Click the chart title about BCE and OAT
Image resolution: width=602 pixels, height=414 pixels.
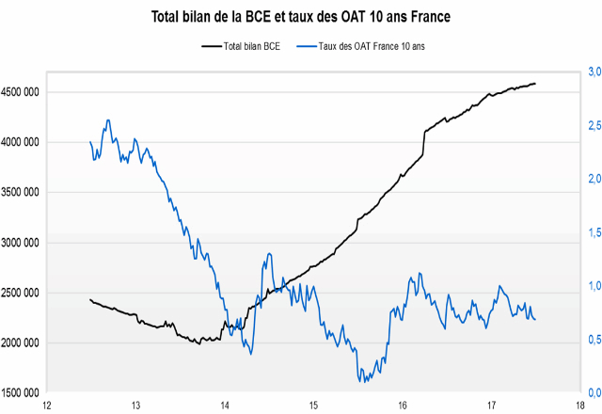click(300, 16)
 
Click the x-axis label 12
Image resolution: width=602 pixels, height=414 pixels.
click(47, 406)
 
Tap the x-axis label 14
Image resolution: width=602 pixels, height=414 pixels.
click(225, 406)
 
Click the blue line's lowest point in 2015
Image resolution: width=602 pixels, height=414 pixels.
click(362, 381)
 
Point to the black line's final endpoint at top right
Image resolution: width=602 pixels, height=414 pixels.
click(535, 84)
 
